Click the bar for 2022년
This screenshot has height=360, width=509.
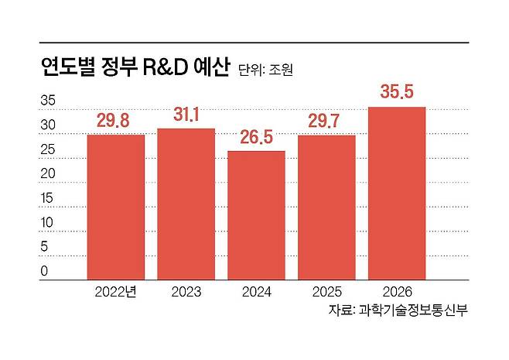click(116, 207)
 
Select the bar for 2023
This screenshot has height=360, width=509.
click(186, 204)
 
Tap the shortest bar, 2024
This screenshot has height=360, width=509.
click(256, 214)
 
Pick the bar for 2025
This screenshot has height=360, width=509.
click(326, 207)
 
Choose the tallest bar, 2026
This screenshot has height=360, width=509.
click(397, 193)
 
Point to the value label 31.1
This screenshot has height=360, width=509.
click(186, 115)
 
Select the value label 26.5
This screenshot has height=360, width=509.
click(256, 137)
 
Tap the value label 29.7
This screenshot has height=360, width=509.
click(326, 121)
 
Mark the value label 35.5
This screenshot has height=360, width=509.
click(397, 93)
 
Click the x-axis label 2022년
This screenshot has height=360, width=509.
click(116, 292)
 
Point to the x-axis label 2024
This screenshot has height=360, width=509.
click(256, 292)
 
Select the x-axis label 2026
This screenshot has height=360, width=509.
click(397, 292)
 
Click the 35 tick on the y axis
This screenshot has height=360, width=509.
click(48, 101)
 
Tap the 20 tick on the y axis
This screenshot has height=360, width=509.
click(48, 173)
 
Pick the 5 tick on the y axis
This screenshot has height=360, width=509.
click(45, 247)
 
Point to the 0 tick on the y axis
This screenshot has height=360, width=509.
click(45, 271)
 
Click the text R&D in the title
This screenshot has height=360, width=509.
click(166, 67)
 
